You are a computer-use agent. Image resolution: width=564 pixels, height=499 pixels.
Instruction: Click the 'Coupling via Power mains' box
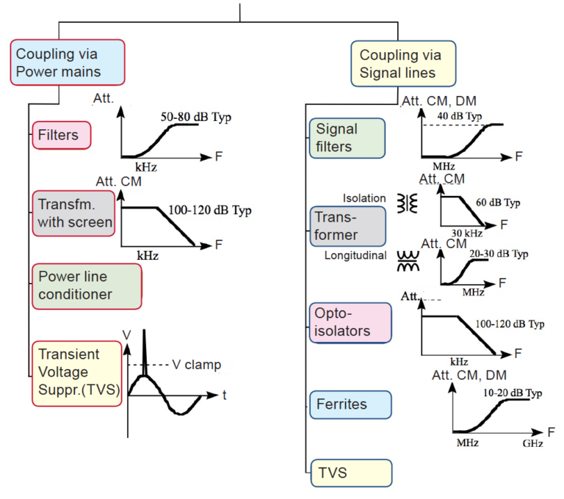pyautogui.click(x=68, y=63)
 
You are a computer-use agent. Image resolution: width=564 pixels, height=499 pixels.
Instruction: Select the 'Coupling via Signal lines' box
pyautogui.click(x=403, y=64)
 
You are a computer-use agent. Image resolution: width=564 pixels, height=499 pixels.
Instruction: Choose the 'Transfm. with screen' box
pyautogui.click(x=74, y=212)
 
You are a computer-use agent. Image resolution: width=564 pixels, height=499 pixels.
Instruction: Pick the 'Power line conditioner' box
pyautogui.click(x=86, y=285)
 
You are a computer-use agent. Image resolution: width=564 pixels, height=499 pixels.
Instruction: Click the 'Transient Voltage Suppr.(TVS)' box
pyautogui.click(x=76, y=373)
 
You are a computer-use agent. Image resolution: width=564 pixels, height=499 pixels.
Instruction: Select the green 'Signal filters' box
pyautogui.click(x=347, y=137)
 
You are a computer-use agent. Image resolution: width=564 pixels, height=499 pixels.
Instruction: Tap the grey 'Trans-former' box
pyautogui.click(x=347, y=225)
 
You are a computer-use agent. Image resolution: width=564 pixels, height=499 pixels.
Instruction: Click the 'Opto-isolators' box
pyautogui.click(x=350, y=322)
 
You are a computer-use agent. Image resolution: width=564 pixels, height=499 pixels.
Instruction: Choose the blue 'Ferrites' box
pyautogui.click(x=349, y=403)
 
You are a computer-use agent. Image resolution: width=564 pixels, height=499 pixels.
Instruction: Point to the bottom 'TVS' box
pyautogui.click(x=349, y=473)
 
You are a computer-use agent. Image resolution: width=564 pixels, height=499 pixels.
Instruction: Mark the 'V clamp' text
pyautogui.click(x=197, y=365)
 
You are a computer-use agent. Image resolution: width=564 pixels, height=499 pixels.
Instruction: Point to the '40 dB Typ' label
pyautogui.click(x=460, y=117)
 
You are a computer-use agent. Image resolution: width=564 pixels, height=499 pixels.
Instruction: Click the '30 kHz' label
pyautogui.click(x=467, y=233)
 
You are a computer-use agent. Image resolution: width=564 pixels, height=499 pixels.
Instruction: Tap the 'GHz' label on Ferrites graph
pyautogui.click(x=534, y=444)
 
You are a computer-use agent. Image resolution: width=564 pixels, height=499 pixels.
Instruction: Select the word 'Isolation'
pyautogui.click(x=364, y=198)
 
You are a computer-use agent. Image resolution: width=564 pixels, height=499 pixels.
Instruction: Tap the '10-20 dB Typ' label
pyautogui.click(x=513, y=394)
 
